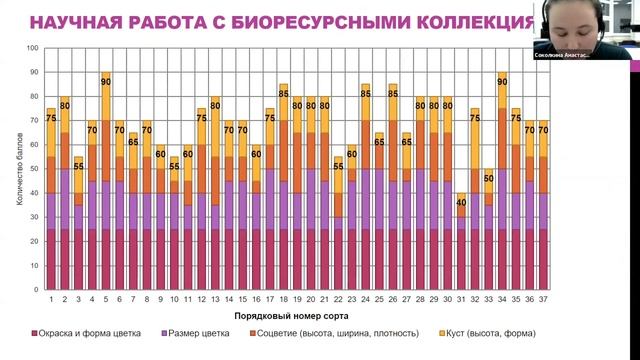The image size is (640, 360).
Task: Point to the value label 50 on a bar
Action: [489, 178]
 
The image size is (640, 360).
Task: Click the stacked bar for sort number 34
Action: [502, 190]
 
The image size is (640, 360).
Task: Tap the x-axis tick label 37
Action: [543, 297]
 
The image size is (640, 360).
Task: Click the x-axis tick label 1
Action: [51, 297]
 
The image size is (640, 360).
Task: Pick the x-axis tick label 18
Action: [284, 297]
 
